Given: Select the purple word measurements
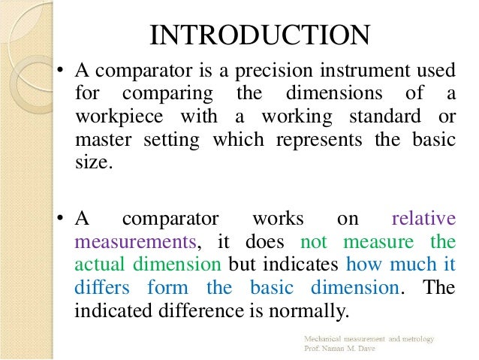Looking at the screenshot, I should point(133,242).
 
